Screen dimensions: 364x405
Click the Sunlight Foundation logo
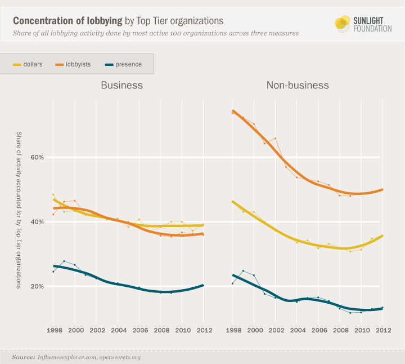coord(363,23)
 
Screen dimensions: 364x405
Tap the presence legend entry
coord(123,64)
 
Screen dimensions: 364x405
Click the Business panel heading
coord(121,86)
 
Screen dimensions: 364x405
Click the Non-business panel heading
coord(298,86)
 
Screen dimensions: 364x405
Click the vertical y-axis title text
coord(19,210)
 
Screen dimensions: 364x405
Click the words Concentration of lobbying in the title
coord(67,21)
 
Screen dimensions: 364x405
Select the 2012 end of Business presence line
coord(203,285)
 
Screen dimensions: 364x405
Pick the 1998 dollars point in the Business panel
coord(53,195)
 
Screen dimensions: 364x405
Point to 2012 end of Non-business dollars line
coord(383,236)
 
